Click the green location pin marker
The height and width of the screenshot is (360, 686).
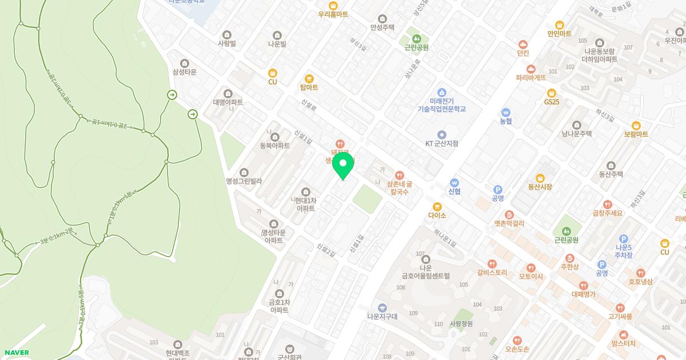[343, 165]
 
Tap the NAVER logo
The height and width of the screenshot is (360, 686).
[16, 353]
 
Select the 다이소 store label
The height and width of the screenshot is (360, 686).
[437, 215]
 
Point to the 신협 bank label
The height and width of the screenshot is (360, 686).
[454, 191]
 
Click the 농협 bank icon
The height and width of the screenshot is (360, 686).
[505, 112]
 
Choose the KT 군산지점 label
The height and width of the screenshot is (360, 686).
[441, 143]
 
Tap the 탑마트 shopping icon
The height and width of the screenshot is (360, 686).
[309, 79]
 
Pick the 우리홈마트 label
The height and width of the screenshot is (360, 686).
[333, 14]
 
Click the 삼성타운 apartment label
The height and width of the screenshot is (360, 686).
[184, 71]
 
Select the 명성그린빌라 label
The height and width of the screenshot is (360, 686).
[244, 181]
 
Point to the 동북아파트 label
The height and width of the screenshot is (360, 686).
[275, 146]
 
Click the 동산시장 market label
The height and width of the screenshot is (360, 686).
[540, 187]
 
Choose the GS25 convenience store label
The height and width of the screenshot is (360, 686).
[552, 102]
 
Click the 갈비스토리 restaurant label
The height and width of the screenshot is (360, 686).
[492, 273]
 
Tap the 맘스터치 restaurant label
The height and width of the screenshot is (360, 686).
[623, 343]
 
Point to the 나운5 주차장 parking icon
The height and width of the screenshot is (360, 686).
[624, 239]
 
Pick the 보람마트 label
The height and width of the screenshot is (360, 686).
[636, 134]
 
